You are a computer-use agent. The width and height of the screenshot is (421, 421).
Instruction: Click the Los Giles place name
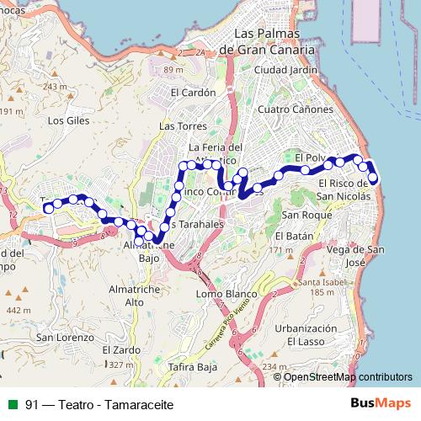pyautogui.click(x=69, y=120)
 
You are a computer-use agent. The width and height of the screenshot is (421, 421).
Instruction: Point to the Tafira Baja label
pyautogui.click(x=195, y=367)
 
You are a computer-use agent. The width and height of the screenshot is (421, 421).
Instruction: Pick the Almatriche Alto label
pyautogui.click(x=122, y=295)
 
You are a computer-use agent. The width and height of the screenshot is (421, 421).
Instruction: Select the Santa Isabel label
pyautogui.click(x=315, y=281)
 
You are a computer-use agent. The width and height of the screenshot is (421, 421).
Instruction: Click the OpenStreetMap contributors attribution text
pyautogui.click(x=348, y=378)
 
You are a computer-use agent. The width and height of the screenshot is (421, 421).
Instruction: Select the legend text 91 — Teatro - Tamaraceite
pyautogui.click(x=99, y=404)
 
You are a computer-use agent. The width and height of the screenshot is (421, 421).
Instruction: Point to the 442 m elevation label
pyautogui.click(x=15, y=310)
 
